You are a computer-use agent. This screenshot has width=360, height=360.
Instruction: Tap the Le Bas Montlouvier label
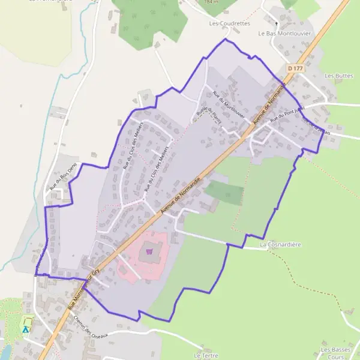(285, 34)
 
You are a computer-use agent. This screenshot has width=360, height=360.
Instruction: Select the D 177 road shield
(295, 69)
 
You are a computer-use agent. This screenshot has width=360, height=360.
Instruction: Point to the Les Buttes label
(338, 76)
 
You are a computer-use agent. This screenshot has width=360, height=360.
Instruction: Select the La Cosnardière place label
(280, 245)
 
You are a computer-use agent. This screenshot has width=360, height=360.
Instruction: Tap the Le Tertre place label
(206, 355)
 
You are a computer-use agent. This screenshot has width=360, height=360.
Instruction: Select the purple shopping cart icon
(149, 253)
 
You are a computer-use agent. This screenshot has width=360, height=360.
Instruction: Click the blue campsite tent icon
(25, 329)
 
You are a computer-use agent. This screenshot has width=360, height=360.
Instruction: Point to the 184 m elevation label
(211, 2)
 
